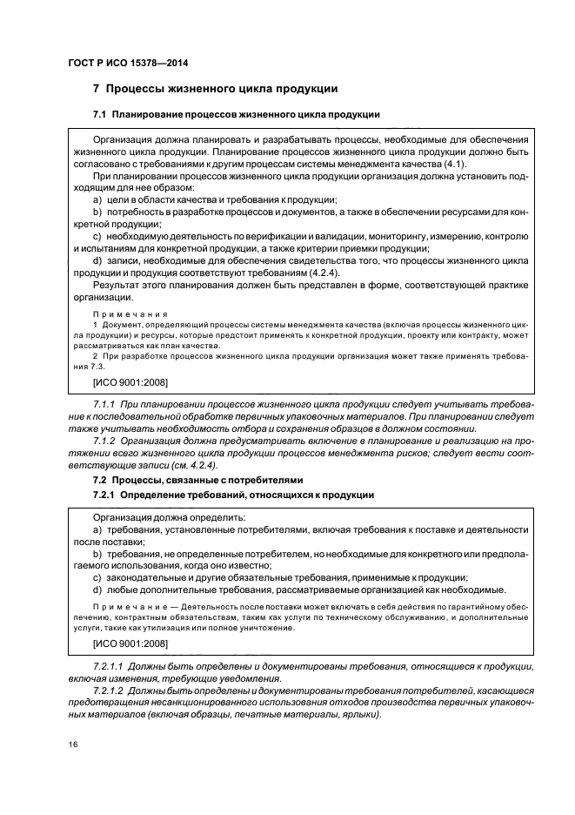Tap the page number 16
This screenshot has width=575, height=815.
[x=73, y=744]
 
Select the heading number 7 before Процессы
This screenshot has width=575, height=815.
[x=97, y=89]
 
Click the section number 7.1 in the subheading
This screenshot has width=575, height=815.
[x=100, y=115]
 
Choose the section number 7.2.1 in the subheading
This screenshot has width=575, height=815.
[x=104, y=495]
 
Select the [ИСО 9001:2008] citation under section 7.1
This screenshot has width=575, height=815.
[x=130, y=381]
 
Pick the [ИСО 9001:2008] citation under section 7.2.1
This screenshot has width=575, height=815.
[x=130, y=643]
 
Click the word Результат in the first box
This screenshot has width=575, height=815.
[x=119, y=284]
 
